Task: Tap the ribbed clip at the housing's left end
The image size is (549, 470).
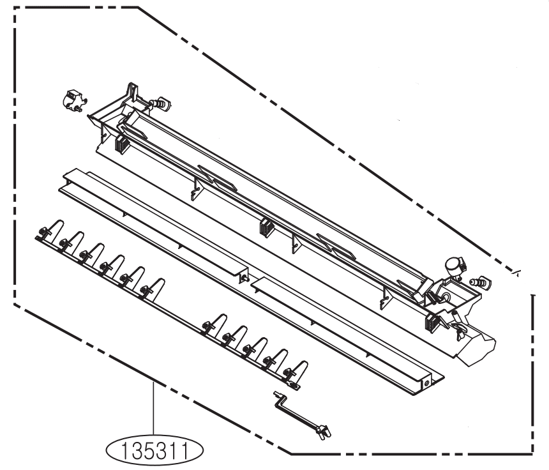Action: coord(120,144)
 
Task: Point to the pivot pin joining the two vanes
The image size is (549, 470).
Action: coord(243,278)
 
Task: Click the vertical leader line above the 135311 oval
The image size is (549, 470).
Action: coord(153,409)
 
